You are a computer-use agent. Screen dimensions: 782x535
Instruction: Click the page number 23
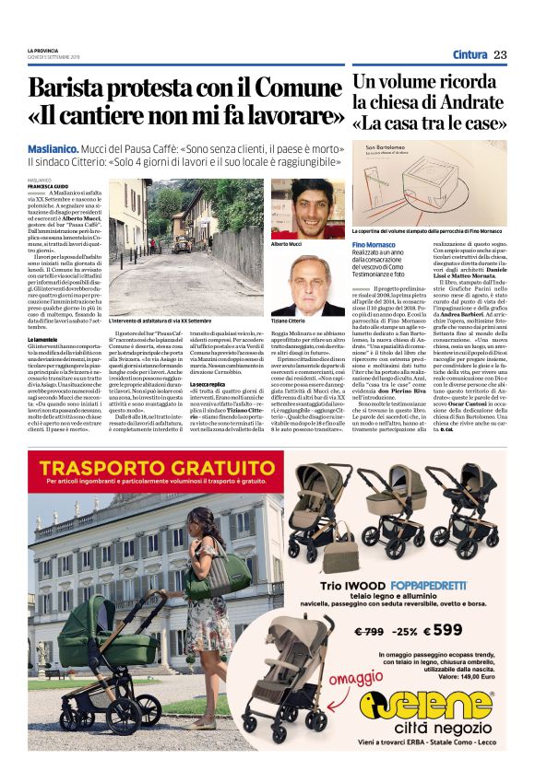point(499,54)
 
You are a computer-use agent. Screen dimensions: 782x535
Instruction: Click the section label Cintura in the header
point(470,54)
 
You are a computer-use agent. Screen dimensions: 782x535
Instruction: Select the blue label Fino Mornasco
point(374,244)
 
